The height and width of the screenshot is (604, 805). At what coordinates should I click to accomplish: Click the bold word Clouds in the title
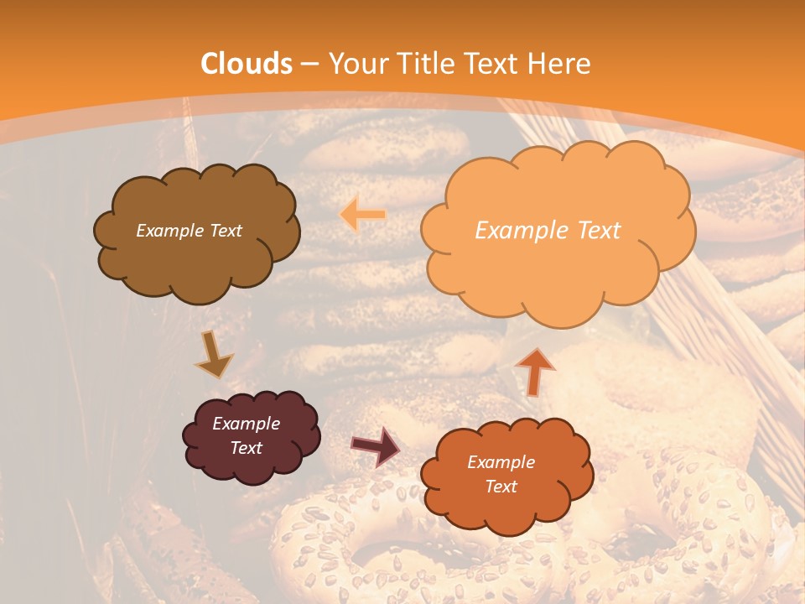point(247,64)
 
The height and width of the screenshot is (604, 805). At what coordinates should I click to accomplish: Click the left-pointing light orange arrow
point(363,215)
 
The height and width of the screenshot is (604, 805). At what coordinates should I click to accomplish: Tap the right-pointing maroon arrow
point(375,446)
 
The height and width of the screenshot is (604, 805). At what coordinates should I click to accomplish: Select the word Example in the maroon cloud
point(246,424)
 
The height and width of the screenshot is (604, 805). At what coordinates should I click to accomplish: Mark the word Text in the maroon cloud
point(246,448)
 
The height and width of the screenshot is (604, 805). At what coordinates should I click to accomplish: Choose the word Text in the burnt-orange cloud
point(501,487)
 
